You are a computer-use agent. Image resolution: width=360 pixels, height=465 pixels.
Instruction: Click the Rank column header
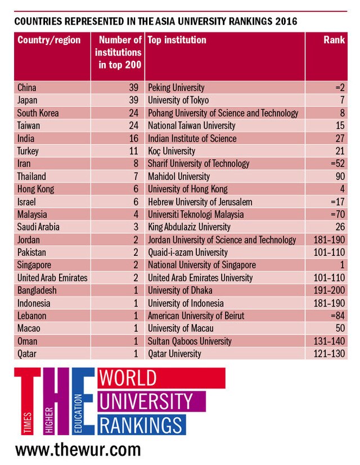tap(334, 40)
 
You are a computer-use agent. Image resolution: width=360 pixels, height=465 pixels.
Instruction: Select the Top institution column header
tap(177, 40)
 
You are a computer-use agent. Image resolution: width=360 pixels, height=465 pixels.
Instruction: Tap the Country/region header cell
tap(49, 40)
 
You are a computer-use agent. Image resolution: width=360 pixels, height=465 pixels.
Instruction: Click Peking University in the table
tap(176, 88)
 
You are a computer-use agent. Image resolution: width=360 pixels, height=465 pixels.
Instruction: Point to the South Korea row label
tap(38, 113)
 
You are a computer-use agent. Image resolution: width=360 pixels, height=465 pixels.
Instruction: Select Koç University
tap(172, 151)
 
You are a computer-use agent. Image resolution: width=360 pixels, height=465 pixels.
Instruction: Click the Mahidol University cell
tap(179, 177)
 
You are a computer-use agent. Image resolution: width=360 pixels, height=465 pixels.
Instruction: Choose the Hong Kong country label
tap(35, 189)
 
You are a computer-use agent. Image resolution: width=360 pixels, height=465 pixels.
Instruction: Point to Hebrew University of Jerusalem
tap(200, 202)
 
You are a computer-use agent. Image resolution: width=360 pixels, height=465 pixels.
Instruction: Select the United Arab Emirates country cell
tap(53, 278)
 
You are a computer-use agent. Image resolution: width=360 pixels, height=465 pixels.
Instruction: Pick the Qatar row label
tap(28, 354)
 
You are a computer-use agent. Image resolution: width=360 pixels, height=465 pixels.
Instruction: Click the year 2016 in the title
tap(285, 21)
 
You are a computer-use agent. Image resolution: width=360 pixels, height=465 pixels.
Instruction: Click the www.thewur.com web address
tap(78, 450)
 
